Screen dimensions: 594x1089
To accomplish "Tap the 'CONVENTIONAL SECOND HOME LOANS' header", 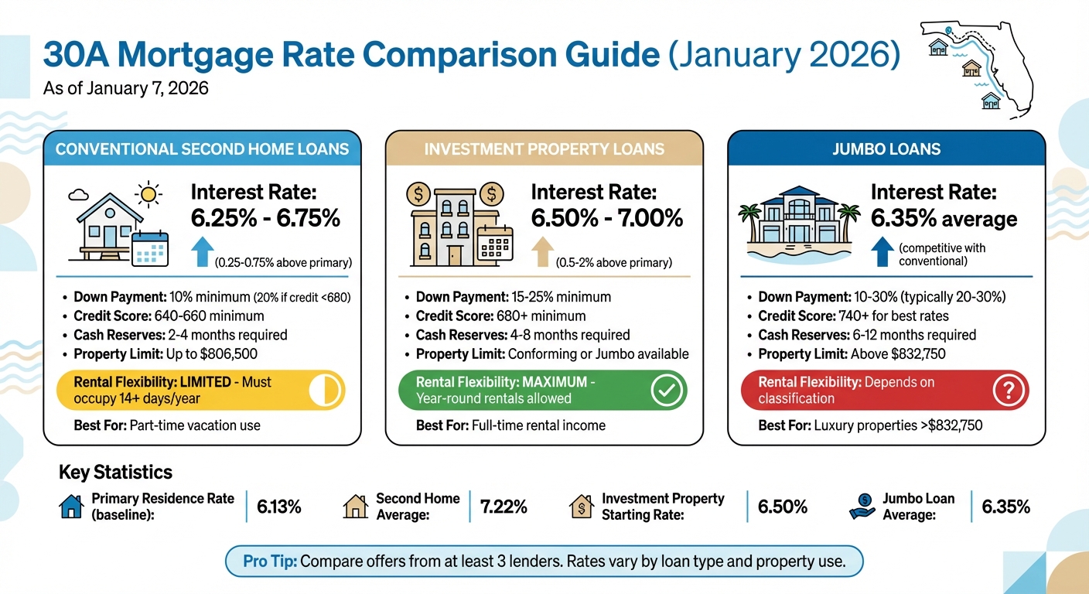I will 202,148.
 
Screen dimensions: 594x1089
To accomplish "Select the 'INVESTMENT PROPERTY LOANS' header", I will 544,148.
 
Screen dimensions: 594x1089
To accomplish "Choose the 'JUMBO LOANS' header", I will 886,148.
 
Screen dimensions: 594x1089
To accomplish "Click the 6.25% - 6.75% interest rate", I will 265,219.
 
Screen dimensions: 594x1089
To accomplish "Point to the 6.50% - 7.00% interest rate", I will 607,219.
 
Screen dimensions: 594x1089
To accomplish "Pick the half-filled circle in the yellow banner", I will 324,391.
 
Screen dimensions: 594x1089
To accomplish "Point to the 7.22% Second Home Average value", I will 504,507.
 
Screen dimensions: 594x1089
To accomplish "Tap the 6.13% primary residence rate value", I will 278,507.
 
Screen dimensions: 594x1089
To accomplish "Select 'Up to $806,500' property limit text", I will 211,354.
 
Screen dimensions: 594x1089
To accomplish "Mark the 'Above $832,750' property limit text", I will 898,354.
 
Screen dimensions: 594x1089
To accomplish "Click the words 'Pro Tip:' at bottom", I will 269,561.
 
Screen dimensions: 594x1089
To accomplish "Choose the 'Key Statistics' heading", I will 115,473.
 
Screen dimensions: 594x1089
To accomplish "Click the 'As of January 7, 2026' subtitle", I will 126,89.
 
